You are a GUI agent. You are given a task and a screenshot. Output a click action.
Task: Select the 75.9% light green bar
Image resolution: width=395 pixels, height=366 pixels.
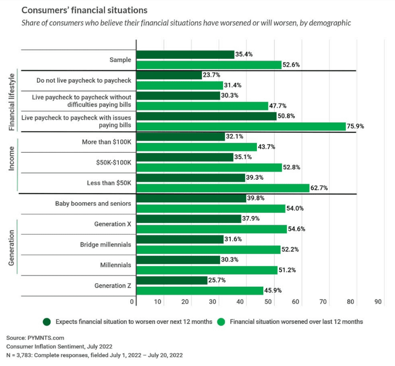[x=241, y=126]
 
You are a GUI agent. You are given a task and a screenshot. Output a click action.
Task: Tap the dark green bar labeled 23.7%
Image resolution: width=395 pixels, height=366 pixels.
[x=169, y=75]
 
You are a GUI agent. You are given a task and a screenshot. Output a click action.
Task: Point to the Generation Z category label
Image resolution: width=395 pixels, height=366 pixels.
[x=112, y=286]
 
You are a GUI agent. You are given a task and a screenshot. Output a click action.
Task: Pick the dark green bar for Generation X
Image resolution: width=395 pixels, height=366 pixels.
[x=189, y=219]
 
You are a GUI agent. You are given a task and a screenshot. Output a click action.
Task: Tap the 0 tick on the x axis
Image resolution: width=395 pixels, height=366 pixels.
[x=132, y=302]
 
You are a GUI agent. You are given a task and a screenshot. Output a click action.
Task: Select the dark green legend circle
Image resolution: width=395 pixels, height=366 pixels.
[x=46, y=322]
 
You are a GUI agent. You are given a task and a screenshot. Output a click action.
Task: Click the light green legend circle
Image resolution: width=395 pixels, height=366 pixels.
[x=221, y=322]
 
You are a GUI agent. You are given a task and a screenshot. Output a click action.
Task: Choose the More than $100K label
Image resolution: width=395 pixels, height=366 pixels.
[x=106, y=142]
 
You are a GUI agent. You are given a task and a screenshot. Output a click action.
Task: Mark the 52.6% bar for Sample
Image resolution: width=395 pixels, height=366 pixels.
[x=209, y=65]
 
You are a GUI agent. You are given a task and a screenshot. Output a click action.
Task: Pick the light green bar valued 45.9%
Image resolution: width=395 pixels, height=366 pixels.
[x=200, y=290]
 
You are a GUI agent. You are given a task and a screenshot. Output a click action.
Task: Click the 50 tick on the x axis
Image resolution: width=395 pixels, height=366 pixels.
[x=268, y=302]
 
